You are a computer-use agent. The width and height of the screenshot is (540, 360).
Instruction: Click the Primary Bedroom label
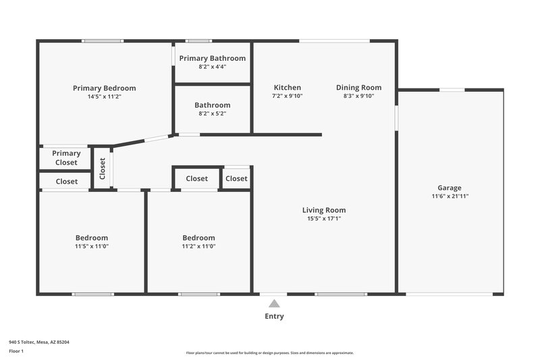coord(104,88)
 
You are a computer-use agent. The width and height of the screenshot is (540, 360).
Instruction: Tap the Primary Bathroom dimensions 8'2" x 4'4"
coord(212,67)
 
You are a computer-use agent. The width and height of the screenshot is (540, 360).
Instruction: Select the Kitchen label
coord(287,87)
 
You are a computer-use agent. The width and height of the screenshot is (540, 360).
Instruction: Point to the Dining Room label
coord(358,87)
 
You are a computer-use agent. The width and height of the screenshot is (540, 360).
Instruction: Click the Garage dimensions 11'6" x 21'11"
coord(450,197)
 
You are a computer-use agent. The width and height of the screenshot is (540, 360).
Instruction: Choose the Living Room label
coord(323,210)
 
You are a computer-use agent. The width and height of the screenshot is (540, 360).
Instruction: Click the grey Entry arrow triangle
coord(274,304)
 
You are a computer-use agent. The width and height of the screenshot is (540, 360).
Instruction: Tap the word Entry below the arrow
coord(274,316)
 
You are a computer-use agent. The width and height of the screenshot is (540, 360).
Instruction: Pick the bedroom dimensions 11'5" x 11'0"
coord(91,247)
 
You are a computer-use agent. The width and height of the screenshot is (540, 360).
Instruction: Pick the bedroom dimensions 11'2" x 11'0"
coord(198,247)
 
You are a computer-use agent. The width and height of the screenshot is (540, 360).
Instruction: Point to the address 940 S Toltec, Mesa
coord(38,342)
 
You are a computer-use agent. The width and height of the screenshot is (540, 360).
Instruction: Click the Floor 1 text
coord(17,352)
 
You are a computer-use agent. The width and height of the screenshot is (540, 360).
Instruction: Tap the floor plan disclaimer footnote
coord(269,353)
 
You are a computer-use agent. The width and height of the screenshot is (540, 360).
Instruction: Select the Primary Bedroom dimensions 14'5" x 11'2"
coord(104,97)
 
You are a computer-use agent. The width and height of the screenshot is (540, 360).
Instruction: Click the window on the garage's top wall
coord(452,90)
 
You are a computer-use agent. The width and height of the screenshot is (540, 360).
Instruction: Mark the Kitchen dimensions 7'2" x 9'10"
coord(287,96)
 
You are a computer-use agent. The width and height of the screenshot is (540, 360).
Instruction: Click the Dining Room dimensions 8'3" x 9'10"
coord(358,96)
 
